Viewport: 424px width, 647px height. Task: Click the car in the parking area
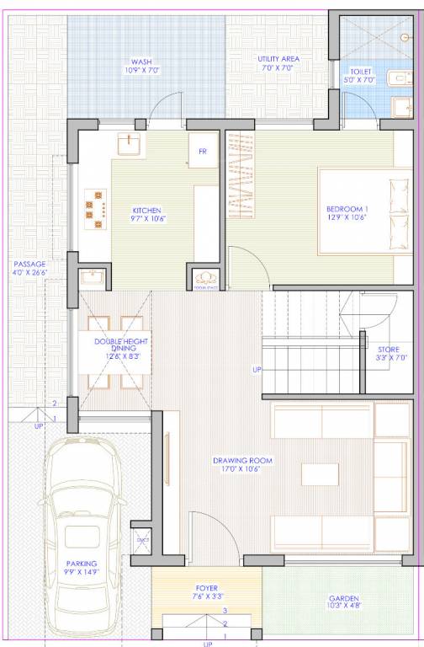(x=87, y=522)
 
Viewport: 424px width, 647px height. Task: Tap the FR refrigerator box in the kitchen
(x=203, y=152)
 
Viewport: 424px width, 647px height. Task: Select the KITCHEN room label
(x=146, y=211)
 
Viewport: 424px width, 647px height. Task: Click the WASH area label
(x=140, y=61)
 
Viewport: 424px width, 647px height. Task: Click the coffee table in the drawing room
(x=320, y=474)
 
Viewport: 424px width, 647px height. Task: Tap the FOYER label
(x=206, y=589)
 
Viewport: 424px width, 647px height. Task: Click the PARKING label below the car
(x=82, y=564)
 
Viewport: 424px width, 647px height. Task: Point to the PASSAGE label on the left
(x=30, y=264)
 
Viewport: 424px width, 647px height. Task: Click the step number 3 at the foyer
(x=225, y=609)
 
